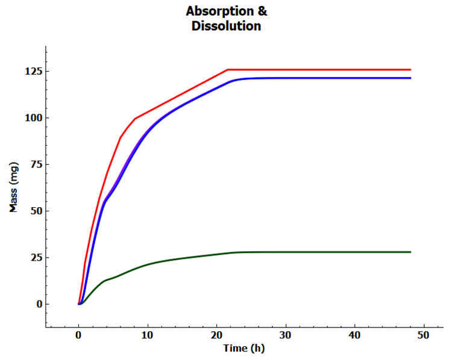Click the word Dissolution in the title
[x=226, y=26]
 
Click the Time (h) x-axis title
[x=243, y=348]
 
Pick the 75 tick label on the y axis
[x=34, y=164]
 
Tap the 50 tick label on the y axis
[x=34, y=211]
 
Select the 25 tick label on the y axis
[x=34, y=257]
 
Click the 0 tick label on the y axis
[x=37, y=304]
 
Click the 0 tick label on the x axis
[x=78, y=335]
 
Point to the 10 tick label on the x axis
[x=147, y=335]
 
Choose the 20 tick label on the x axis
[x=216, y=335]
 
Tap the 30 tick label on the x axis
[x=286, y=335]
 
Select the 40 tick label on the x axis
[x=354, y=335]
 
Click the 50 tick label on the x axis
[x=424, y=335]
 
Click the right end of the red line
[x=410, y=69]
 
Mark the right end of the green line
[x=410, y=252]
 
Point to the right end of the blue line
[x=410, y=78]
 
